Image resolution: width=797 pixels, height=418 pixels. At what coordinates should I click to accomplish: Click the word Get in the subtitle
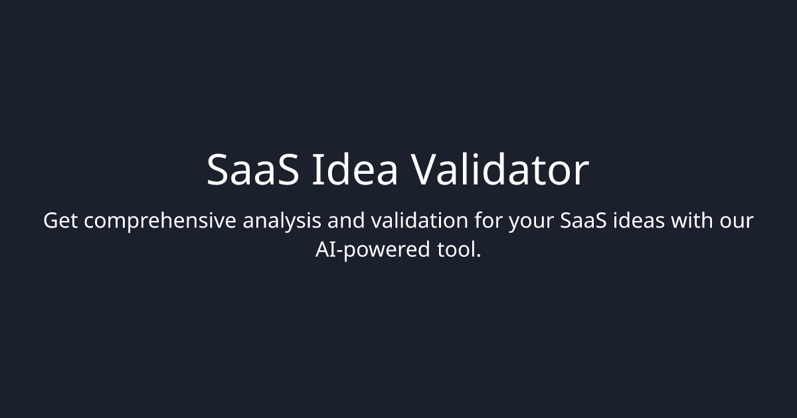(60, 221)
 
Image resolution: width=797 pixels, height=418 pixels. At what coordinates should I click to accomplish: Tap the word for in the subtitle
(488, 221)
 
